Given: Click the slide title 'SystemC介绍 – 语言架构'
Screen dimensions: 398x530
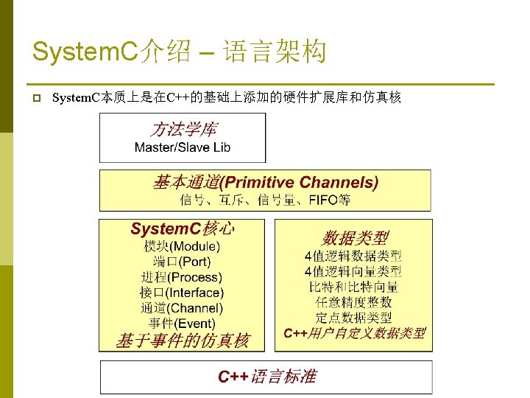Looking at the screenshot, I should [x=179, y=52].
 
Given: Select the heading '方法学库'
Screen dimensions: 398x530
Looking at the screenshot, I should [x=183, y=130].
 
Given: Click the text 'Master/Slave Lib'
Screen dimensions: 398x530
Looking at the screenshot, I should [x=183, y=147].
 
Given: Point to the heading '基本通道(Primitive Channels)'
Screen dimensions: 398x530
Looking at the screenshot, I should [x=266, y=182].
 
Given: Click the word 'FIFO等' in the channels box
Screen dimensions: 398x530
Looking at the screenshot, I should [x=329, y=200].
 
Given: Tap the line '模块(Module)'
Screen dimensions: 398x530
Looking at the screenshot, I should [x=182, y=246].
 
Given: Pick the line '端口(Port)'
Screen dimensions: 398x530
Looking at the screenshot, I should [x=182, y=262].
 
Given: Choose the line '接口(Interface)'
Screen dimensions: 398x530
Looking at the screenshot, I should [x=182, y=293].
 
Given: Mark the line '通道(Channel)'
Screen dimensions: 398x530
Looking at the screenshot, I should [x=182, y=308].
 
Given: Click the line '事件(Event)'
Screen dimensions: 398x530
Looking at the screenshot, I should [x=182, y=324].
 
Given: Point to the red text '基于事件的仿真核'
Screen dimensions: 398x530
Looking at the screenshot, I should [x=183, y=341].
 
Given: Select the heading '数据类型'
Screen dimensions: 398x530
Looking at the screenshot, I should [x=354, y=238].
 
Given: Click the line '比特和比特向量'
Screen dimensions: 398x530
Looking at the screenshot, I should [x=353, y=287].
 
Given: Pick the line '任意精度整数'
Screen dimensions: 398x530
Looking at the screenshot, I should [x=353, y=302].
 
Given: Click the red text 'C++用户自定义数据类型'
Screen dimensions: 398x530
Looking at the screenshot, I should [x=354, y=333].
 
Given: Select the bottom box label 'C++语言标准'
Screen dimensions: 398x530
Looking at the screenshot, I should [x=266, y=377].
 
